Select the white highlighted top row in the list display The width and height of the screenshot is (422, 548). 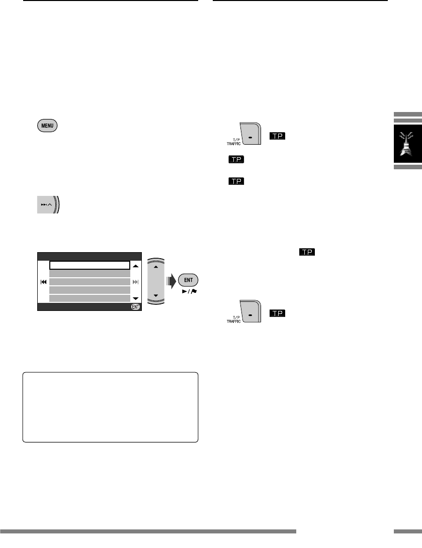click(x=90, y=266)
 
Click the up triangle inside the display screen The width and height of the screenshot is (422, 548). click(x=135, y=266)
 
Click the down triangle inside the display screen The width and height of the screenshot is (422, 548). click(x=135, y=298)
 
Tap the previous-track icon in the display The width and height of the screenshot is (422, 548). click(x=44, y=282)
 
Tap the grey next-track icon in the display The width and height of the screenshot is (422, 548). click(x=135, y=282)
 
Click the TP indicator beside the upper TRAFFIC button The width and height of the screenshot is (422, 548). click(x=277, y=136)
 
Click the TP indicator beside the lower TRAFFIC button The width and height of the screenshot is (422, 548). click(x=277, y=313)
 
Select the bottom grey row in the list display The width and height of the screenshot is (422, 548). click(x=90, y=298)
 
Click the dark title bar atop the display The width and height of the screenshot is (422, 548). click(x=90, y=256)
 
